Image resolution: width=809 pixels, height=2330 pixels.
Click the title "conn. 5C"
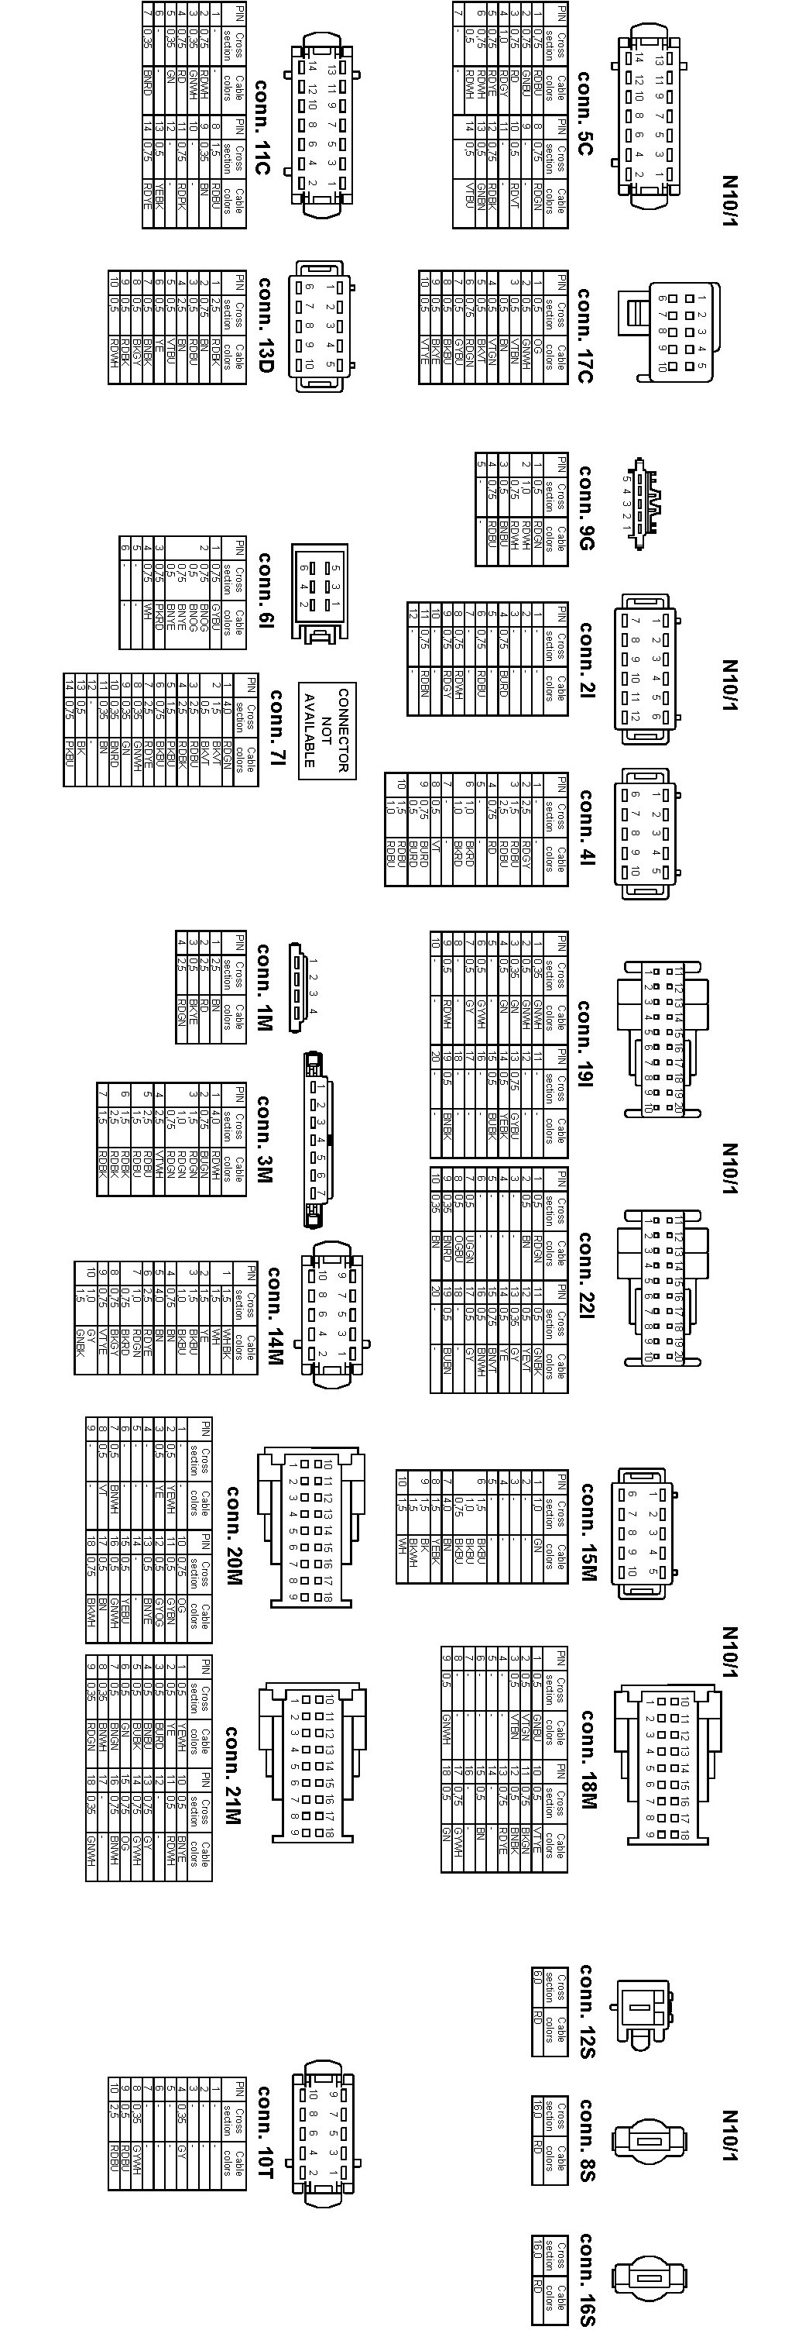coord(584,126)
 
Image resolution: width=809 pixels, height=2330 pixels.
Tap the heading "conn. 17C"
coord(584,336)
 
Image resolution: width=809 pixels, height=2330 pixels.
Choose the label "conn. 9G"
coord(584,508)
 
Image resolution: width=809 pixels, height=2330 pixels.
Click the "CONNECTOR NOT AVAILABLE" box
coord(327,730)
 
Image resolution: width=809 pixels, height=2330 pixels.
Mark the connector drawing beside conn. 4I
coord(644,834)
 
